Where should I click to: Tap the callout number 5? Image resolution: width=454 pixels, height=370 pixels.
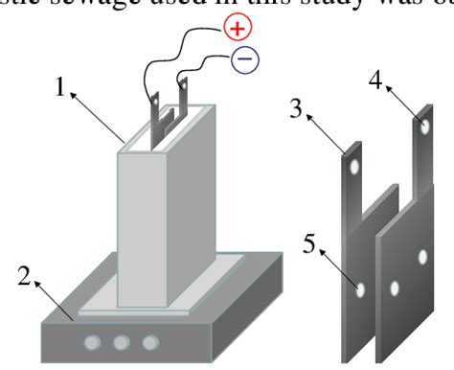tap(308, 241)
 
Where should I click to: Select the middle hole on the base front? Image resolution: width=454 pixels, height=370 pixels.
tap(122, 342)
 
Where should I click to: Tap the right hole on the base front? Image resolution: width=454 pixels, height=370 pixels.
tap(149, 342)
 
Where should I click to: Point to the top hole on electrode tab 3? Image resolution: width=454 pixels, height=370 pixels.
tap(355, 167)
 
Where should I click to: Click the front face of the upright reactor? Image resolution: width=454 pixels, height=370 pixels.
tap(145, 230)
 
